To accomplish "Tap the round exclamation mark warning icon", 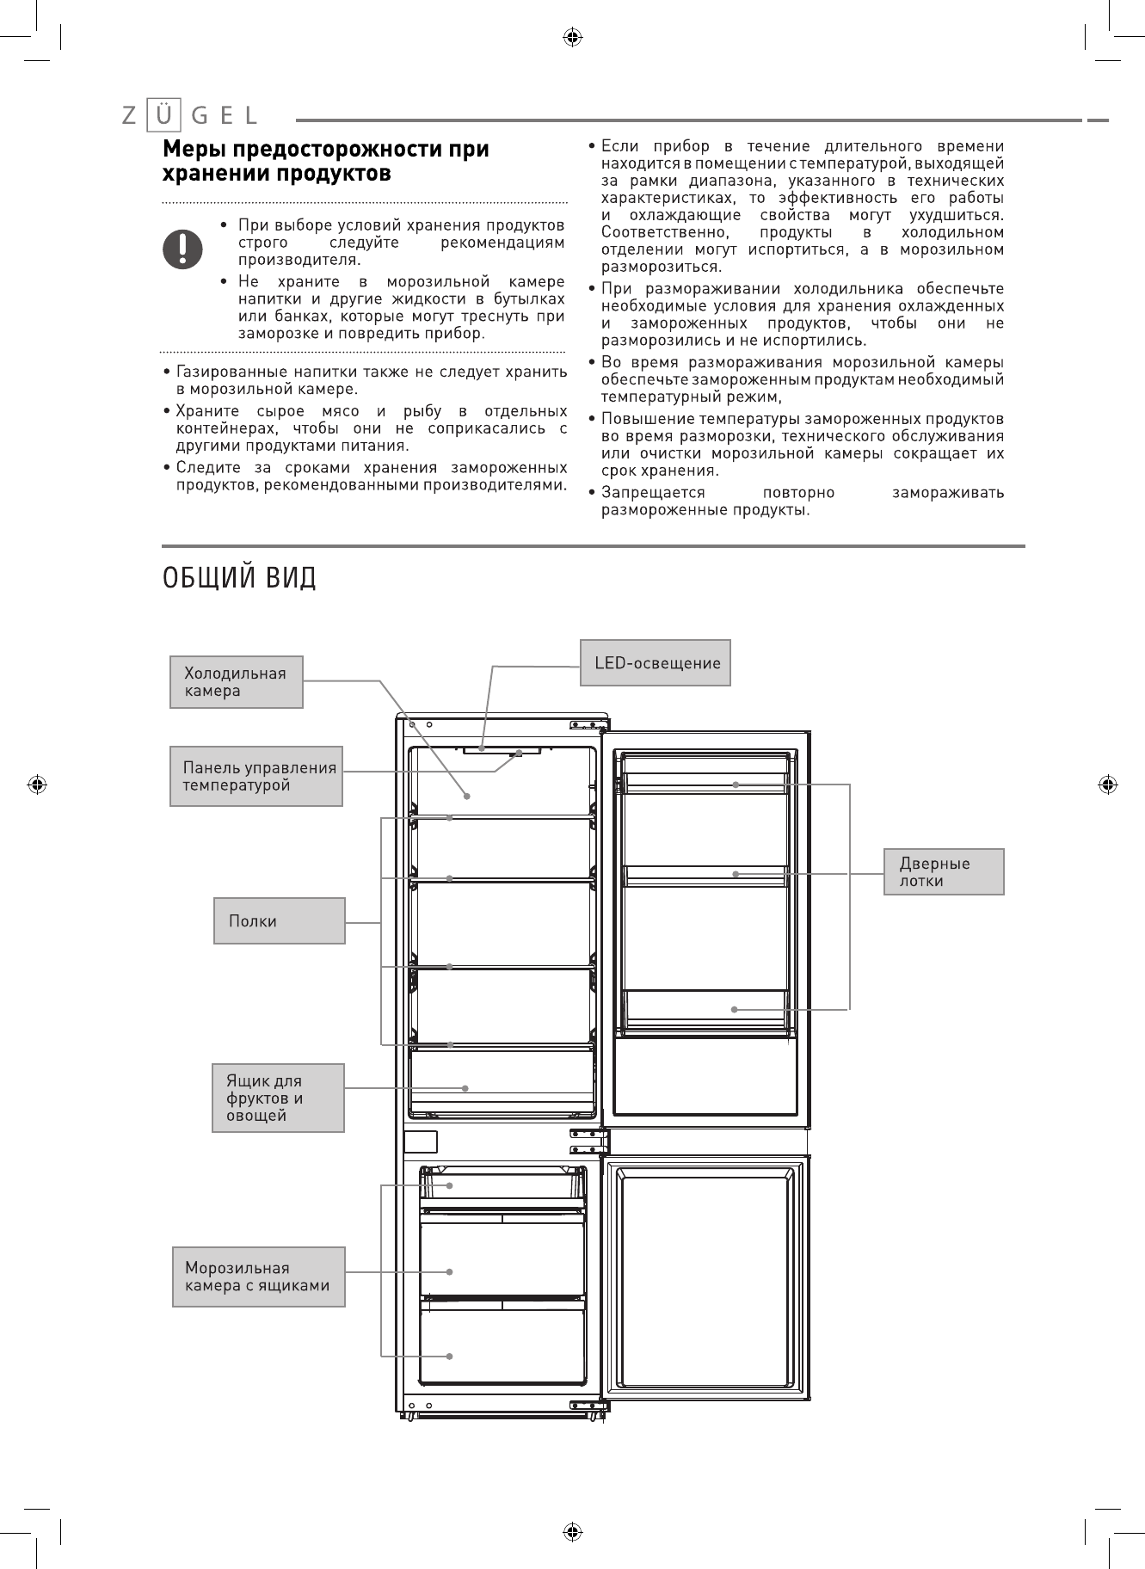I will click(183, 249).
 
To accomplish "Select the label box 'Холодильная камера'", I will click(237, 682).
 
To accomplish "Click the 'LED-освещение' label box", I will click(656, 663).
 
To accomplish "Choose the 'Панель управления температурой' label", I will click(256, 776).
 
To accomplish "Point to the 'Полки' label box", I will click(280, 921).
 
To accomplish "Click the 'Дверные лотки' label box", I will click(944, 872).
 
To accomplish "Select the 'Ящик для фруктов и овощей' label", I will click(279, 1098).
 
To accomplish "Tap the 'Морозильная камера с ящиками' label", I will click(258, 1277).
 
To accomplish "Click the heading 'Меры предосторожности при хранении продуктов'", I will click(327, 161).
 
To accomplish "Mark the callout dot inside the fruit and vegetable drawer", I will click(465, 1088).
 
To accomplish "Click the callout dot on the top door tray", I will click(736, 784).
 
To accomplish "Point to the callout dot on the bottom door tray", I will click(735, 1009).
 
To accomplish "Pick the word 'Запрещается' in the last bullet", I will click(653, 493).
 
